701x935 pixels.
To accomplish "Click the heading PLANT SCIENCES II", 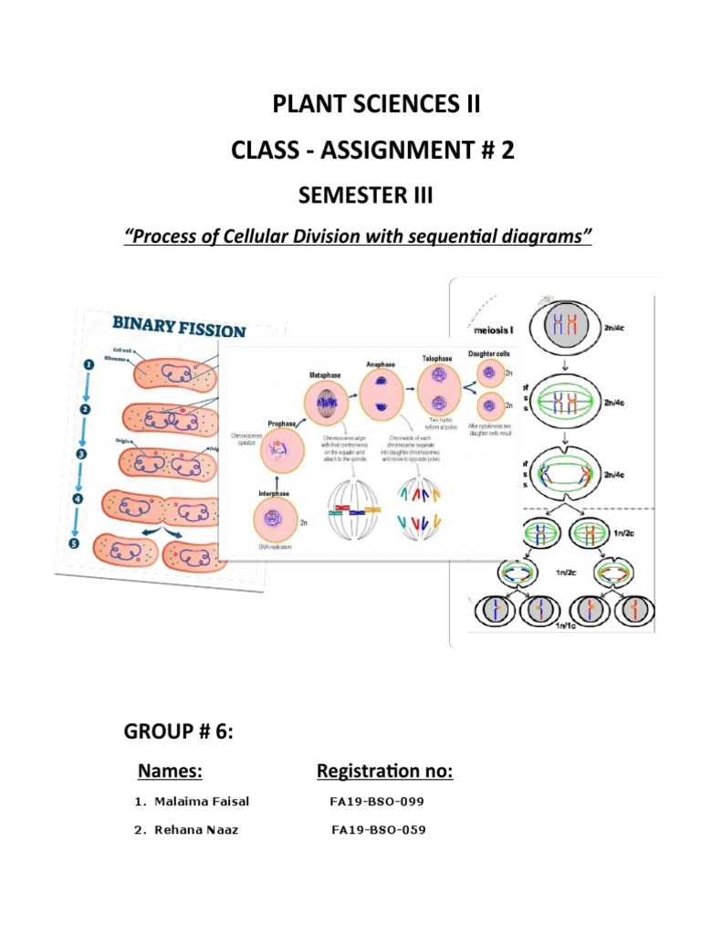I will click(x=375, y=105).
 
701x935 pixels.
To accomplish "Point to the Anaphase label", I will click(x=381, y=363).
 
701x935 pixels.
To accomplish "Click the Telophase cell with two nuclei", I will click(x=436, y=401).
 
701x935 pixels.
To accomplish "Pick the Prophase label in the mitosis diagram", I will click(x=280, y=424).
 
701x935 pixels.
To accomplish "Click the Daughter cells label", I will click(x=489, y=352).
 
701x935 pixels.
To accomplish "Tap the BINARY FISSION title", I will click(x=179, y=329).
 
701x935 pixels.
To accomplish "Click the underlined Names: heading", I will click(x=170, y=772).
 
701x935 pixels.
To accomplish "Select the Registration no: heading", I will click(x=384, y=772).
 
